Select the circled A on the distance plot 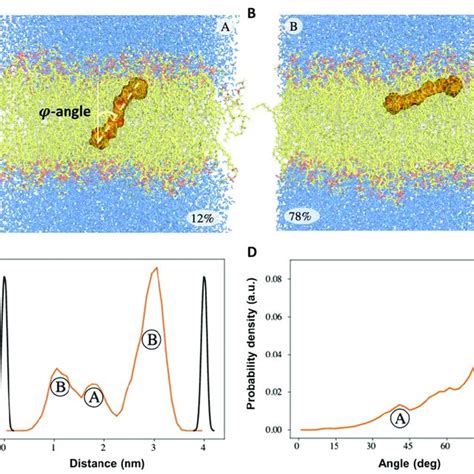pyautogui.click(x=94, y=396)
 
